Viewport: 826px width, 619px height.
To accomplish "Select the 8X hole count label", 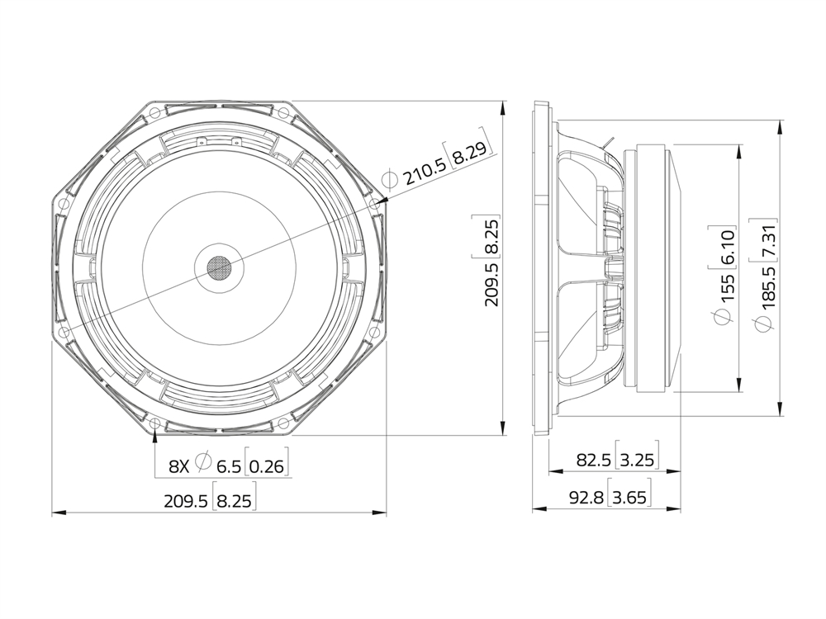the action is click(x=178, y=465).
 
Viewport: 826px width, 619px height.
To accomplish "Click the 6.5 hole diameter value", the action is click(x=228, y=465).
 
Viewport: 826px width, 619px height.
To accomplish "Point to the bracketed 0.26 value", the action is click(x=266, y=465).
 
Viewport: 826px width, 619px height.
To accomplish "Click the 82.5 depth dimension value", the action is click(x=593, y=460).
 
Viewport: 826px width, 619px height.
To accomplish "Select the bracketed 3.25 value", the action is click(x=636, y=460).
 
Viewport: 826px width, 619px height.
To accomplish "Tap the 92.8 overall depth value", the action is click(x=586, y=497).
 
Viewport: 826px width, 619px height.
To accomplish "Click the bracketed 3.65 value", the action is click(x=629, y=497).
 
